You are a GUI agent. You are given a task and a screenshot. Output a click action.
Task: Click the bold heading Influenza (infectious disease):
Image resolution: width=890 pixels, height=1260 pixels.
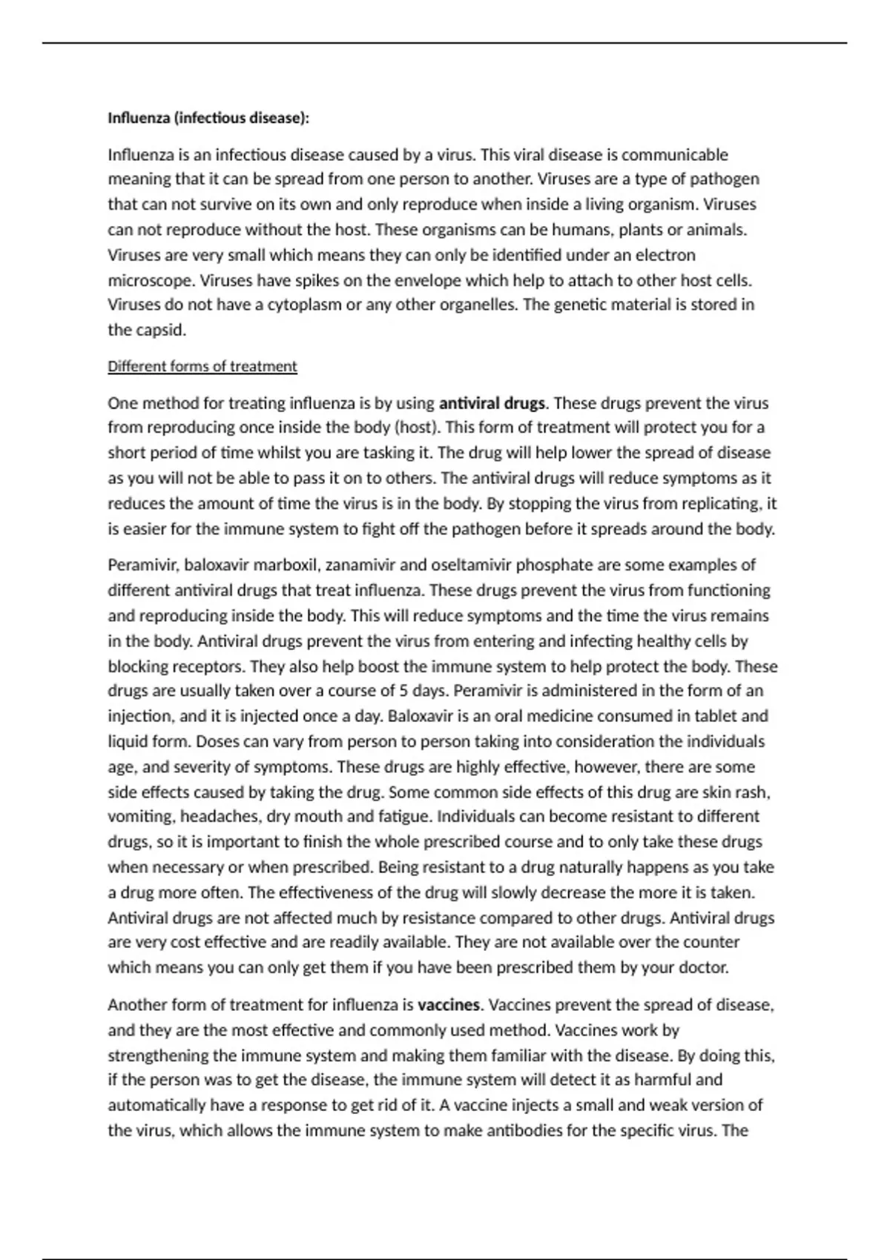(208, 118)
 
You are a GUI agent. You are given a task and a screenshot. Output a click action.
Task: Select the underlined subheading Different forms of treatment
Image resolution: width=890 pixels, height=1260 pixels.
(202, 366)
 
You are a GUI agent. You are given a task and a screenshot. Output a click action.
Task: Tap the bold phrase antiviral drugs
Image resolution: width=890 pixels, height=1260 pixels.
(492, 403)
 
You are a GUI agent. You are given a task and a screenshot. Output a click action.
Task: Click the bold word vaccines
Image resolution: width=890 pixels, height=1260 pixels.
(449, 1005)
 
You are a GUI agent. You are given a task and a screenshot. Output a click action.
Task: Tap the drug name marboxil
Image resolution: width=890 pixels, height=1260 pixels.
(286, 566)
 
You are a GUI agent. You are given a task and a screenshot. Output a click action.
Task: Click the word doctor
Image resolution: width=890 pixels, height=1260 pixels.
(705, 968)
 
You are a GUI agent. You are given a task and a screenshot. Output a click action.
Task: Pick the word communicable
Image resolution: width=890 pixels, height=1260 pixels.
(675, 155)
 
